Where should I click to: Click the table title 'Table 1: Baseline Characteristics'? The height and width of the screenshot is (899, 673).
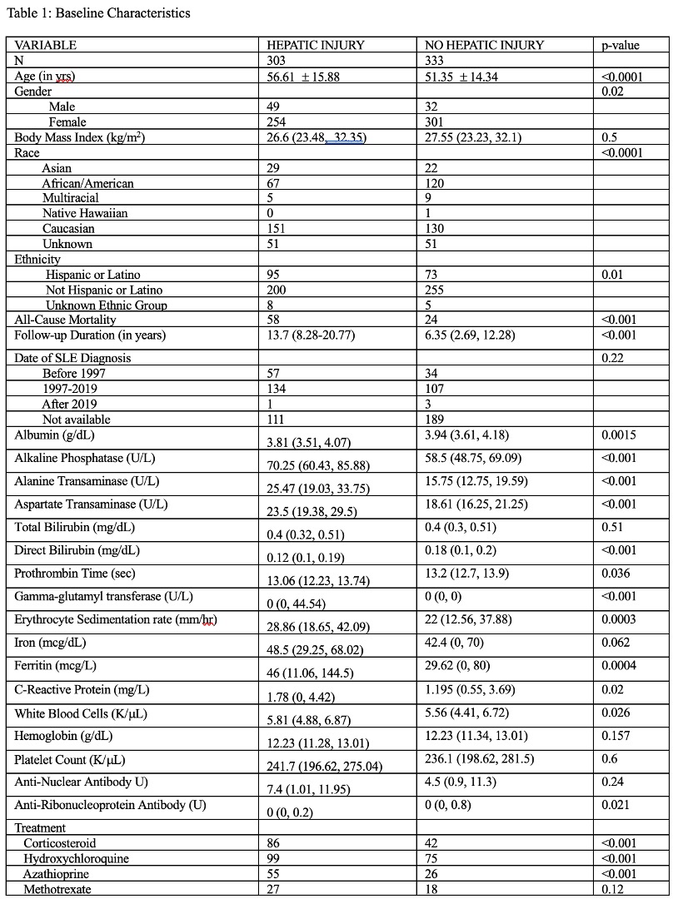(x=98, y=12)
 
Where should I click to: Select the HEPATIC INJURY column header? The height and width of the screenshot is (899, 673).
(x=315, y=45)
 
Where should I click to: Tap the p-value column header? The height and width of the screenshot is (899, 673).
(x=621, y=45)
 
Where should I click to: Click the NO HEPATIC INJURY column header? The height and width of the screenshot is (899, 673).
(x=484, y=45)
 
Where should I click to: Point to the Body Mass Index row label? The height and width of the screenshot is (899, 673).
(x=80, y=137)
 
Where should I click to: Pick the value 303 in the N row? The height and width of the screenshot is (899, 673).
(x=276, y=61)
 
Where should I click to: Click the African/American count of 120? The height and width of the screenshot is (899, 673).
(x=434, y=183)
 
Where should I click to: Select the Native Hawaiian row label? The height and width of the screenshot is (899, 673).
(x=85, y=213)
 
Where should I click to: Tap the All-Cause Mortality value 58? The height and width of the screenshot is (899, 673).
(x=273, y=320)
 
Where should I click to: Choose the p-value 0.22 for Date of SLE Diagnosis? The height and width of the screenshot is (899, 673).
(x=612, y=358)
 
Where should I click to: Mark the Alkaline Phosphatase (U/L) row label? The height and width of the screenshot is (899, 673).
(x=85, y=458)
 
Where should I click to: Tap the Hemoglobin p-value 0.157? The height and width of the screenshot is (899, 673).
(x=616, y=736)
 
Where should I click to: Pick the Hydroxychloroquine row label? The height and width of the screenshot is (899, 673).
(x=76, y=859)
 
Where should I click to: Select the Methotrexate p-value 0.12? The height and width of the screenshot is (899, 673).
(x=612, y=890)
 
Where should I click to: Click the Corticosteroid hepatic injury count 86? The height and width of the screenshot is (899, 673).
(x=273, y=843)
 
